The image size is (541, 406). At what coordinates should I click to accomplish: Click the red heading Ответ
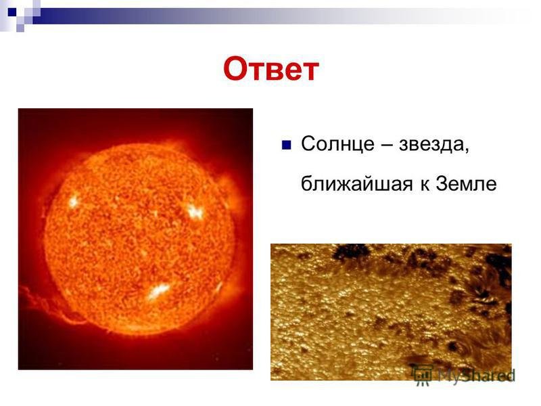point(271,69)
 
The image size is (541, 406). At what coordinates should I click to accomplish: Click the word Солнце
point(337,143)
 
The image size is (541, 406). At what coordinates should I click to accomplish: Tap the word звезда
point(431,143)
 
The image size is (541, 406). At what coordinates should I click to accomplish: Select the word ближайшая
point(356,183)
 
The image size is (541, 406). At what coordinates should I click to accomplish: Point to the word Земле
point(466,183)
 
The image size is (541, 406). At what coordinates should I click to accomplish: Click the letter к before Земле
point(425,185)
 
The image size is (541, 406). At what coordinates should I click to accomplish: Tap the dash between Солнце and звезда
point(386,145)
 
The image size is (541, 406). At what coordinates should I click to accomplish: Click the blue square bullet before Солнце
point(286,145)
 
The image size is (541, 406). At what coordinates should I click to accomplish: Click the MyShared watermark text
point(476,375)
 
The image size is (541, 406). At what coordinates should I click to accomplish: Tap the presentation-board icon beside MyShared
point(423,374)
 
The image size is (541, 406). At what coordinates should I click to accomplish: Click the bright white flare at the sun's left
point(73,201)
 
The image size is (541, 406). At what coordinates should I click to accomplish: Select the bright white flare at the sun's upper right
point(195,212)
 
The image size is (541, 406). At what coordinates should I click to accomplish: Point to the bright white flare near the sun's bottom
point(158,291)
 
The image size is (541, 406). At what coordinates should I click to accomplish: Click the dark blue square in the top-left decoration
point(12,12)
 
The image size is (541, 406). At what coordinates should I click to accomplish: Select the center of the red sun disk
point(140,239)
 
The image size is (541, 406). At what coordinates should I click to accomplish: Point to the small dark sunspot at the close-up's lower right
point(451,346)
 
